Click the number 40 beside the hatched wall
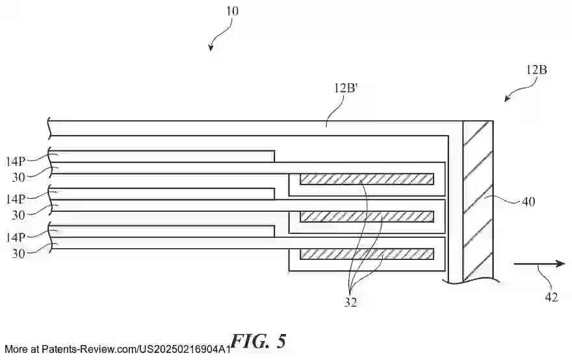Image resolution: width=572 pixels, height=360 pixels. point(528,201)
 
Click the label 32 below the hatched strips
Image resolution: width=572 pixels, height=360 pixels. point(351,302)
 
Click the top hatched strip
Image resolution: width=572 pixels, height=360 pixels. point(366,178)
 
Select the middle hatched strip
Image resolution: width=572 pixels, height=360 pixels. point(366,216)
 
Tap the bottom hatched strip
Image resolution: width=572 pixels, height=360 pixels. point(366,253)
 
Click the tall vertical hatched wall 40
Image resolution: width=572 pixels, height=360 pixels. point(477,201)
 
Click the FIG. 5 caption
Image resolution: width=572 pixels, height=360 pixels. point(258,342)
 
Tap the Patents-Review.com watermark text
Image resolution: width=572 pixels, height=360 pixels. point(117,349)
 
